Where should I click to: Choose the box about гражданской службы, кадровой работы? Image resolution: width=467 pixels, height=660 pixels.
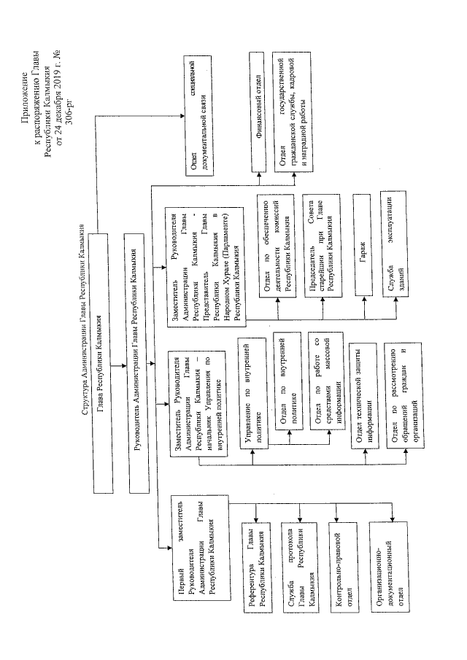click(x=293, y=112)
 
